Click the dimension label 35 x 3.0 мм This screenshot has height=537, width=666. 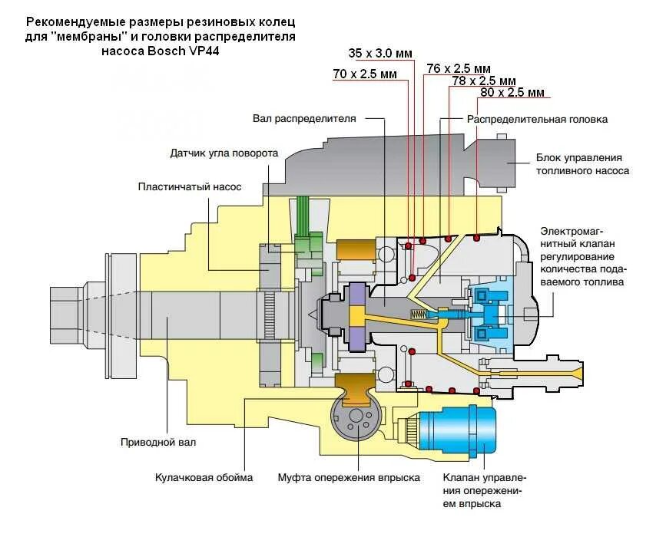coord(380,53)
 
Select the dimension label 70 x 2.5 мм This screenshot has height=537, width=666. coord(365,74)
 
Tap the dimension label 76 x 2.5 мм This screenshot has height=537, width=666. coord(459,68)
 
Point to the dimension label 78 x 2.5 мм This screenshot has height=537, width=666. coord(484,81)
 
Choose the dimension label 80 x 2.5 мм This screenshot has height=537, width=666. coord(512,93)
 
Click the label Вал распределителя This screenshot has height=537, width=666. coord(304,119)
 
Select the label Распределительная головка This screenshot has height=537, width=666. coord(537,120)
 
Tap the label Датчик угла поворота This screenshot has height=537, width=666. coord(224,153)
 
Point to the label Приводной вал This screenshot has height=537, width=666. coord(158,442)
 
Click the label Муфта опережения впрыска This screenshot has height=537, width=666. coord(349,478)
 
